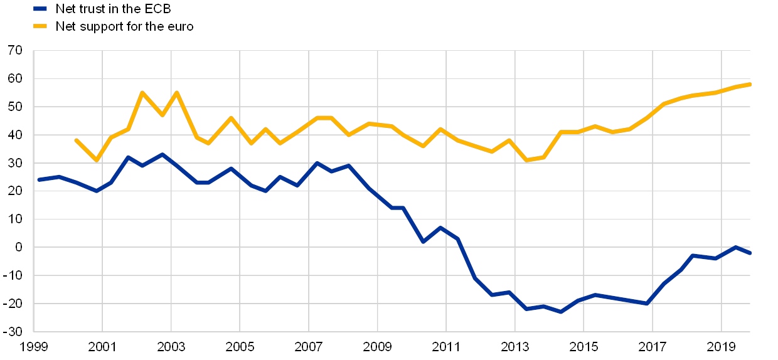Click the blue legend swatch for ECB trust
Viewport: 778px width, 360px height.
[x=40, y=9]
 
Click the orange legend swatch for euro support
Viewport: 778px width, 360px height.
[x=40, y=26]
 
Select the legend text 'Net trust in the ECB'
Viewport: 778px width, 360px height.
[x=114, y=9]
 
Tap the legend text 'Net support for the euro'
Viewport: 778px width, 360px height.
[x=125, y=26]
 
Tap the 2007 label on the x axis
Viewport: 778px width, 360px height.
[x=309, y=346]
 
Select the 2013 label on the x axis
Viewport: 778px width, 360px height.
[x=515, y=346]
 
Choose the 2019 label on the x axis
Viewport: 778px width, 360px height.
[x=722, y=346]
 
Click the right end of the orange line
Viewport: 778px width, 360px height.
[x=750, y=84]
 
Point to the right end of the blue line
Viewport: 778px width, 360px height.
[x=750, y=253]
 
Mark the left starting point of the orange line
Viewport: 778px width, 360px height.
[x=76, y=140]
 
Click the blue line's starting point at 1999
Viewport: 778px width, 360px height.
[x=38, y=180]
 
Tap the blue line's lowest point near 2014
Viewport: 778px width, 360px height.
[x=560, y=312]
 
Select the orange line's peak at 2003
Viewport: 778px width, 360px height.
[x=176, y=93]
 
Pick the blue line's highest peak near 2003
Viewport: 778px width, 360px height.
[x=163, y=154]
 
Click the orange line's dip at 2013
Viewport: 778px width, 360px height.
[x=526, y=161]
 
